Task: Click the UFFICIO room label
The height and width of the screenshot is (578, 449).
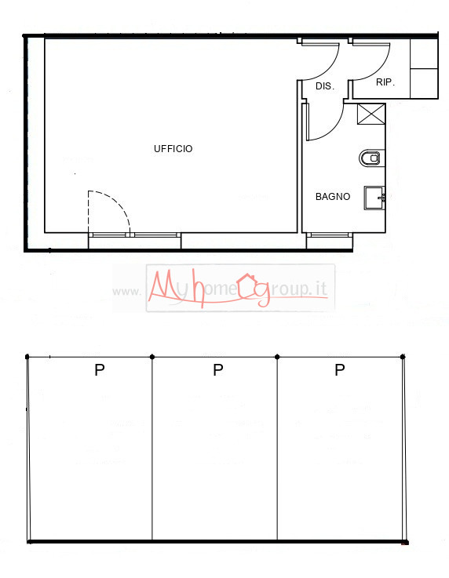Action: [173, 149]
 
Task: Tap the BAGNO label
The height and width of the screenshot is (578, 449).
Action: [333, 197]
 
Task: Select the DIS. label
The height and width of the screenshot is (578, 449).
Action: [325, 86]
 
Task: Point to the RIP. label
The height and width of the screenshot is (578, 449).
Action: [385, 82]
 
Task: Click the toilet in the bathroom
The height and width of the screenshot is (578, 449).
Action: [371, 158]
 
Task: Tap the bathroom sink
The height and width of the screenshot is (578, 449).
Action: [374, 198]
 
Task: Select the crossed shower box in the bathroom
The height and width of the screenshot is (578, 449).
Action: [372, 114]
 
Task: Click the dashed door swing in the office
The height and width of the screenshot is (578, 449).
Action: [110, 210]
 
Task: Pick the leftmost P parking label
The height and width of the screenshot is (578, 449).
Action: [100, 370]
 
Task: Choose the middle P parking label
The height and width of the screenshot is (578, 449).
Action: [218, 370]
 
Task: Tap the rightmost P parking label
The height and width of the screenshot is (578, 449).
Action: [340, 370]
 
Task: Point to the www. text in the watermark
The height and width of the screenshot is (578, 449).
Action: [126, 292]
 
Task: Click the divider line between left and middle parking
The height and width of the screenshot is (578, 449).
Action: [152, 447]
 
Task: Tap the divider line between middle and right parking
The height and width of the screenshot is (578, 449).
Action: [278, 447]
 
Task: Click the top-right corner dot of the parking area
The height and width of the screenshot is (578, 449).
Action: [403, 357]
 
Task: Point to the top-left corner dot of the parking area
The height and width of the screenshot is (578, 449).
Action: [27, 357]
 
